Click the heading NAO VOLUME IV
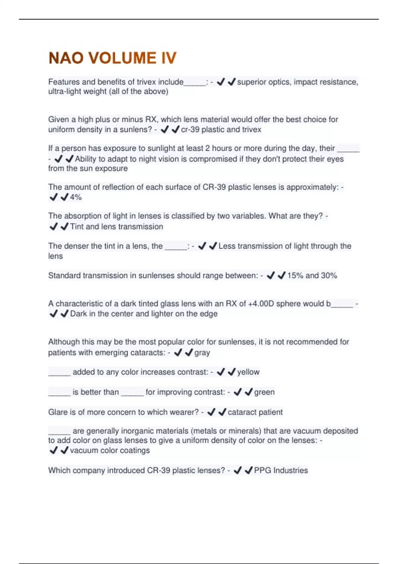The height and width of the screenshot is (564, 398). click(x=112, y=58)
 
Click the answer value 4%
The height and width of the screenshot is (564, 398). click(x=76, y=197)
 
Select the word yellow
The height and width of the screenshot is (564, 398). click(x=248, y=372)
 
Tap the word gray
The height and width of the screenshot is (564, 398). click(x=202, y=352)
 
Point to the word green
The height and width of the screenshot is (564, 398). click(x=264, y=392)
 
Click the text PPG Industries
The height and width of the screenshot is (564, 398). click(x=281, y=470)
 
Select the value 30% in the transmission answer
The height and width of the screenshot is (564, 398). click(x=329, y=275)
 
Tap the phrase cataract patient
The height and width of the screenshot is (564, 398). click(x=255, y=412)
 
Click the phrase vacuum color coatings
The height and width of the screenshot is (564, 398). click(x=110, y=451)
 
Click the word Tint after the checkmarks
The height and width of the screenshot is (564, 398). click(x=77, y=227)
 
